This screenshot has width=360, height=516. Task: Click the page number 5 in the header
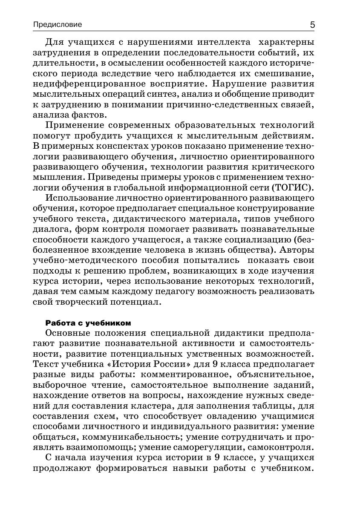click(x=312, y=25)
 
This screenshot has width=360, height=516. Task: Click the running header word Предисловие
click(x=58, y=25)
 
